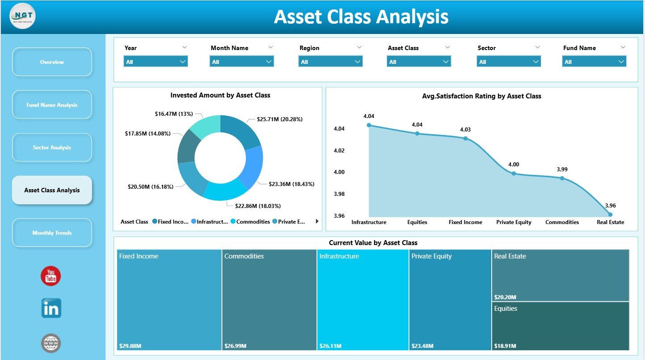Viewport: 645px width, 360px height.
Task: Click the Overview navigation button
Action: [52, 62]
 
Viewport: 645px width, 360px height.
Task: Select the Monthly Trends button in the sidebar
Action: [52, 233]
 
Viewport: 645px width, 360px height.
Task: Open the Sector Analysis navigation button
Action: [52, 148]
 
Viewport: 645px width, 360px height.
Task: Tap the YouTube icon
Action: [51, 276]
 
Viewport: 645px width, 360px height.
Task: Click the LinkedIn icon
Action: [51, 309]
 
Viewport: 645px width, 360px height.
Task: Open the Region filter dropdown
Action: [330, 62]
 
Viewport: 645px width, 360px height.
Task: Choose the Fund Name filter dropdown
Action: [594, 62]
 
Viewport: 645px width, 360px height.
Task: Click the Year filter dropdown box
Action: [156, 62]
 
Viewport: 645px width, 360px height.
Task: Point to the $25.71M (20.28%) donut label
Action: [280, 119]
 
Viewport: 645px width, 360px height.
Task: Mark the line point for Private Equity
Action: [514, 174]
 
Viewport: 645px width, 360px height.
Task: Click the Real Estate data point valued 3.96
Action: [610, 215]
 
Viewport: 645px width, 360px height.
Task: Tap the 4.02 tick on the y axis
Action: [339, 150]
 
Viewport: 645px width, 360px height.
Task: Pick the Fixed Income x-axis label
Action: [465, 222]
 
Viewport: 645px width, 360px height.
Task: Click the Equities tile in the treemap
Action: [560, 326]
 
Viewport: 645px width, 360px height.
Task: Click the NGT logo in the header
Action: [22, 16]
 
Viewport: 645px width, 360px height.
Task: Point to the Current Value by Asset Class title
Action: [373, 243]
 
